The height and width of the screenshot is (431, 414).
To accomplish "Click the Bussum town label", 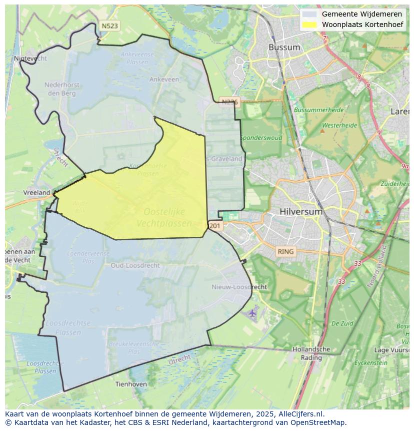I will coord(284,48).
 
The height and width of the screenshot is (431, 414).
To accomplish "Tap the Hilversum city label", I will coord(302,212).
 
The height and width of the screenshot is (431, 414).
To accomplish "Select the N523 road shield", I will coord(109,26).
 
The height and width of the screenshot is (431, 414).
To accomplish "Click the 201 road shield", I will coord(214,226).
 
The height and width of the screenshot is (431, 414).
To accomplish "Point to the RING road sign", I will coord(286,251).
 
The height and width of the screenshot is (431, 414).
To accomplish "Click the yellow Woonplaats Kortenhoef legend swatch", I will coord(309,25).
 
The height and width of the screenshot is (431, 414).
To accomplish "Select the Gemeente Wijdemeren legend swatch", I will coord(309,14).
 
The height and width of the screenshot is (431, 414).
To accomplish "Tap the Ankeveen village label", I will coord(164,80).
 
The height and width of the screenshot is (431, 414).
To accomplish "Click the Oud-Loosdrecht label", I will coord(135,265).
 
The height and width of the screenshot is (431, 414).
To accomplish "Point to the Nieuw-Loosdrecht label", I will coord(239,287).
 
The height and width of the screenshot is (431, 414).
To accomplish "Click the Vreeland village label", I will coord(37,193).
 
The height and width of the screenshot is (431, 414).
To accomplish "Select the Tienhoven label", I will coord(131,384).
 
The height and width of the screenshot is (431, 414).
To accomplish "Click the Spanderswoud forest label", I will coord(261,138).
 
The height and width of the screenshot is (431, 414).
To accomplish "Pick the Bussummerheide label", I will coord(318,110).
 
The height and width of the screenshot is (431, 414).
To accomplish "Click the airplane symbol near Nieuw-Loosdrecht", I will coord(252,313).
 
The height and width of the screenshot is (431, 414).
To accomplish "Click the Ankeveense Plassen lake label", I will coord(134,58).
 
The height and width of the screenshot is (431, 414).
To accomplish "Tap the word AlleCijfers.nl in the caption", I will coord(298,414).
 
